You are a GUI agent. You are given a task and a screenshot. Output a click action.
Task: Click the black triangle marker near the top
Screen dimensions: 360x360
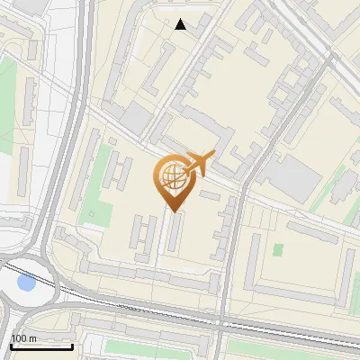tap(180, 24)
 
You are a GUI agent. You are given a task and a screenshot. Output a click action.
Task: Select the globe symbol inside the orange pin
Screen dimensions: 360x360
tap(170, 176)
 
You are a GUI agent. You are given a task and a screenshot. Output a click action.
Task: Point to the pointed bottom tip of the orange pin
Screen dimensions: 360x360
tap(172, 211)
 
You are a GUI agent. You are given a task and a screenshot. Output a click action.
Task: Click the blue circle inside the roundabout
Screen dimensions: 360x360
tap(26, 283)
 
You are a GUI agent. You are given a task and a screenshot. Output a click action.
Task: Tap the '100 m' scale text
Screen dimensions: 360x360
tap(23, 338)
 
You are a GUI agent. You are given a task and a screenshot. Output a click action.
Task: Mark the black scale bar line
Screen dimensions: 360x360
tap(41, 346)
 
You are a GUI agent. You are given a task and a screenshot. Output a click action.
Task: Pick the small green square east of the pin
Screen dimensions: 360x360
tap(278, 249)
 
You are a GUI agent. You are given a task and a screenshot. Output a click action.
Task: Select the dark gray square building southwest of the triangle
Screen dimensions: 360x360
tap(137, 118)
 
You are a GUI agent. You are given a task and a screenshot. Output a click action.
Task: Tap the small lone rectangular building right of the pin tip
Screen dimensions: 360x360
tap(209, 194)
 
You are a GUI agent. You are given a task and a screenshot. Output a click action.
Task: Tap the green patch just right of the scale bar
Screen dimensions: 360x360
tap(117, 346)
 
